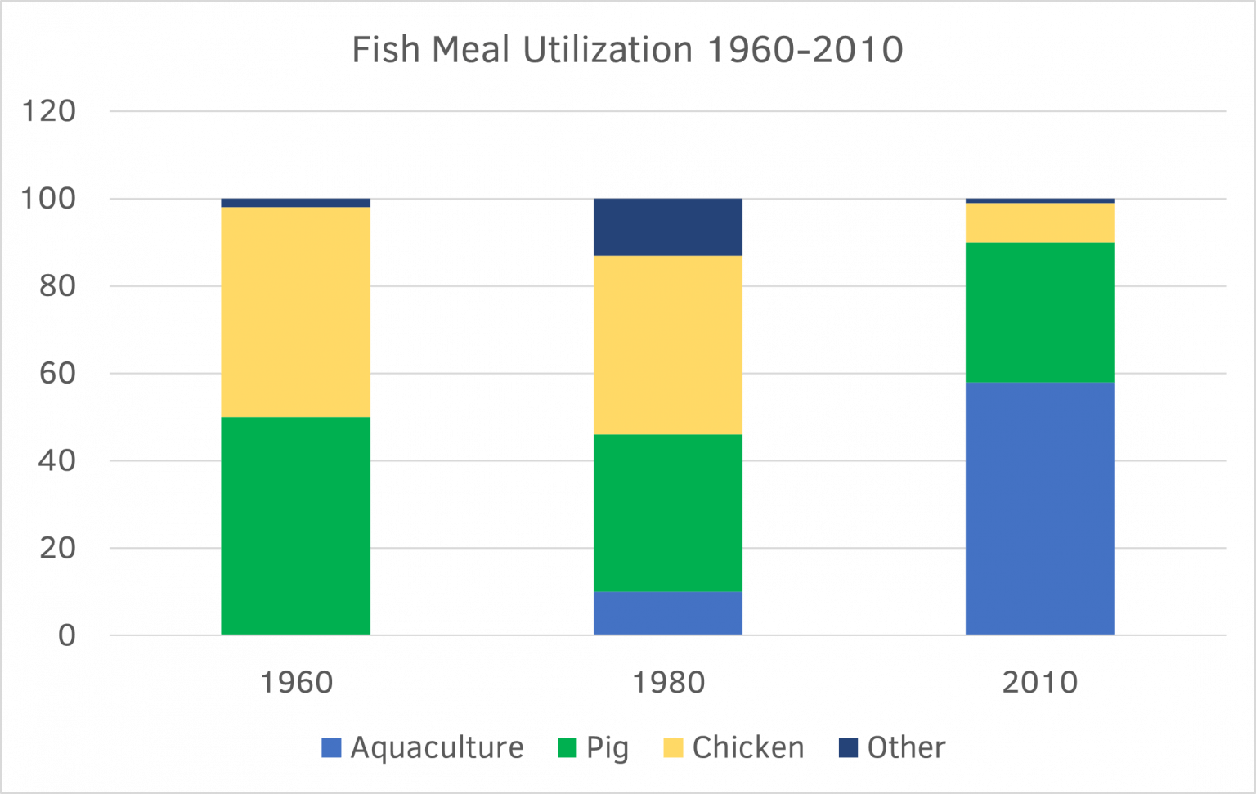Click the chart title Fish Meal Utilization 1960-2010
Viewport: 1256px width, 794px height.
click(627, 51)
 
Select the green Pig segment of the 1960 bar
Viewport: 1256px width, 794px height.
click(295, 526)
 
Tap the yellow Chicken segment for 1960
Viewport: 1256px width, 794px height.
click(295, 312)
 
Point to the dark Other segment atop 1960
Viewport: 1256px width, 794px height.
click(295, 203)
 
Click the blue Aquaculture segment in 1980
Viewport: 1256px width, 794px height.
click(667, 612)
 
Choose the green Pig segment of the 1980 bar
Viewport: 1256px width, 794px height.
click(667, 512)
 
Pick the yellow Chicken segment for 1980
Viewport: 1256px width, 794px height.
click(667, 344)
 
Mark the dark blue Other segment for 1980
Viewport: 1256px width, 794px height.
click(667, 227)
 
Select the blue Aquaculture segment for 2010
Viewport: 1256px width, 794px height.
click(1039, 508)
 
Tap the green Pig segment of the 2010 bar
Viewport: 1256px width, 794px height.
click(1039, 312)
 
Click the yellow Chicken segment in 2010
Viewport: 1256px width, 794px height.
click(1039, 222)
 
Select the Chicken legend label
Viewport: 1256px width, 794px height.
click(747, 747)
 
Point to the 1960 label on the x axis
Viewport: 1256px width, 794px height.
click(296, 682)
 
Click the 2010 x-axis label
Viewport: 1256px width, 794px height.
click(1039, 682)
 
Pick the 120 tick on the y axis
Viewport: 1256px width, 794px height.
click(48, 111)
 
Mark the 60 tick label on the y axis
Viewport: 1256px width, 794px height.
click(57, 373)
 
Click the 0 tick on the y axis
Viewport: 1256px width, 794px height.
click(66, 635)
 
